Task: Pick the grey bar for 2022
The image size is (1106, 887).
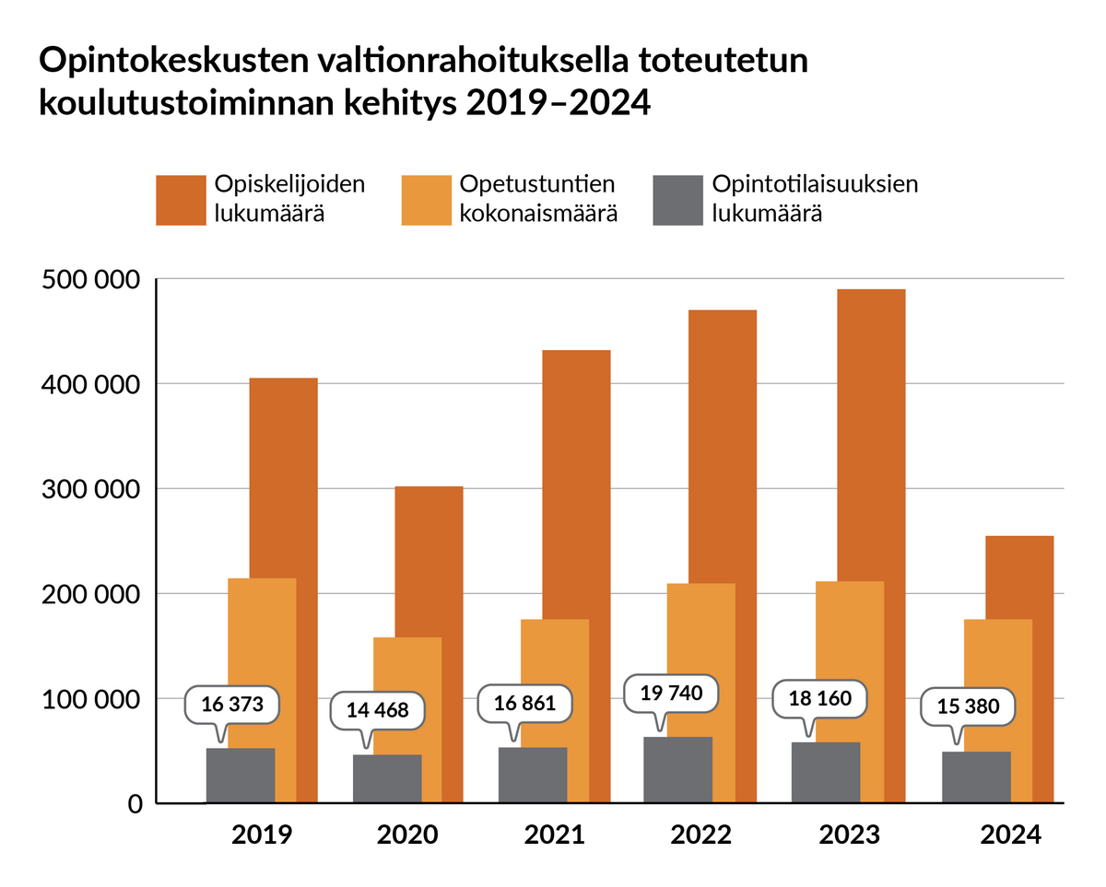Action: pos(677,770)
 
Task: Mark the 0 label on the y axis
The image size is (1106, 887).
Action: pos(135,804)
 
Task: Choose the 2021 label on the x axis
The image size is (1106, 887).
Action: pos(554,835)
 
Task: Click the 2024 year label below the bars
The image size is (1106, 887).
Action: pos(1010,835)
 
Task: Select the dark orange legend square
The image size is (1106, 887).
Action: pos(181,199)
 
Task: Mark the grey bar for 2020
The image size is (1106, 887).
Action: pos(386,779)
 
